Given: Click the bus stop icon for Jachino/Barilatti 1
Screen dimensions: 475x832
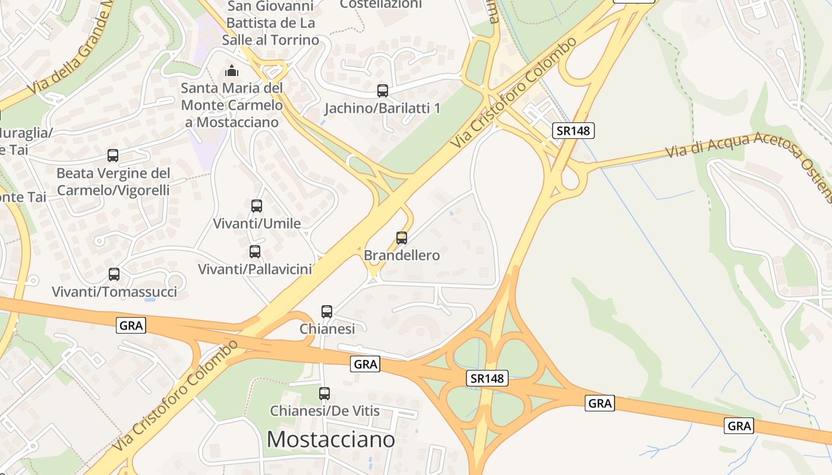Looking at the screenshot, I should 383,91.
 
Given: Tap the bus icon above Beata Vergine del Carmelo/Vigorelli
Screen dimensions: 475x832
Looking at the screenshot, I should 113,156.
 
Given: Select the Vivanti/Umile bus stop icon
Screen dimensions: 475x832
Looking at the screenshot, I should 257,206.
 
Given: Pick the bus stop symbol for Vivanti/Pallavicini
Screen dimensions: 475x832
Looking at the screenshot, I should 255,251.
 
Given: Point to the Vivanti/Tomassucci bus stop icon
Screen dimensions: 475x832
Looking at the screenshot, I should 114,274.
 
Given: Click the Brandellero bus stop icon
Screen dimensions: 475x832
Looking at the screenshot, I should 402,238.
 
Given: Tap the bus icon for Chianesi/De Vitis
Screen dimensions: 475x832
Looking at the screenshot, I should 324,393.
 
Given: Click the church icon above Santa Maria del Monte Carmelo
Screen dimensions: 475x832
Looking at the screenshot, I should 231,71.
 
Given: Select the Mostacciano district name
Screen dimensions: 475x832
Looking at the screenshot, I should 330,439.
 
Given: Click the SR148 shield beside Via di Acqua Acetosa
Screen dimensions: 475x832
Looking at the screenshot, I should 573,131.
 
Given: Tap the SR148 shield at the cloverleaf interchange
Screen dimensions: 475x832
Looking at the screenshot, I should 487,378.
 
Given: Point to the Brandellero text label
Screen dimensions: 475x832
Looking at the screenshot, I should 402,255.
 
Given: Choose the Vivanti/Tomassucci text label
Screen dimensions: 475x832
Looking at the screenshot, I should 115,292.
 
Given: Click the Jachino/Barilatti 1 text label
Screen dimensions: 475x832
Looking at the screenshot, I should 383,109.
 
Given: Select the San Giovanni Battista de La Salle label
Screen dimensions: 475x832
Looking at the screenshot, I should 270,23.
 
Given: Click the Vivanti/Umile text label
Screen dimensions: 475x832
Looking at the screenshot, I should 257,224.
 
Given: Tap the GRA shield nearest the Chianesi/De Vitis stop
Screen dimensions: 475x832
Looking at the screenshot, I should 365,364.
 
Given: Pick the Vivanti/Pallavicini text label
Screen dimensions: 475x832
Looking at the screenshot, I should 255,269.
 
